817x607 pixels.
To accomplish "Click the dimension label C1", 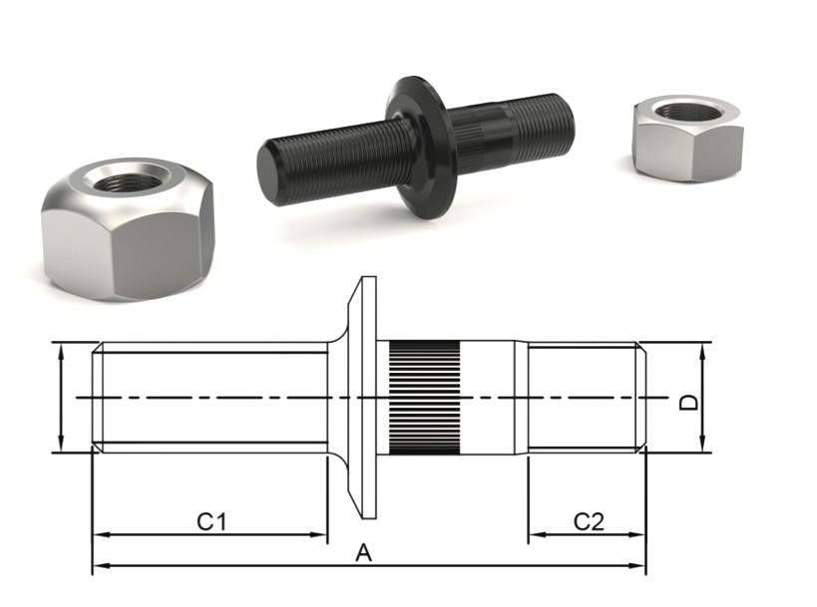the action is (211, 521).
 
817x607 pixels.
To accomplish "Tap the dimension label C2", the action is (589, 521).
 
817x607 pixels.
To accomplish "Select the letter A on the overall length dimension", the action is (364, 553).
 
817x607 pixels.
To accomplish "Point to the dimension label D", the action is (689, 402).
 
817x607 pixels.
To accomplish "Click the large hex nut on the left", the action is (128, 229).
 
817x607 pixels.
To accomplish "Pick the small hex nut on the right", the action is (687, 137).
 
